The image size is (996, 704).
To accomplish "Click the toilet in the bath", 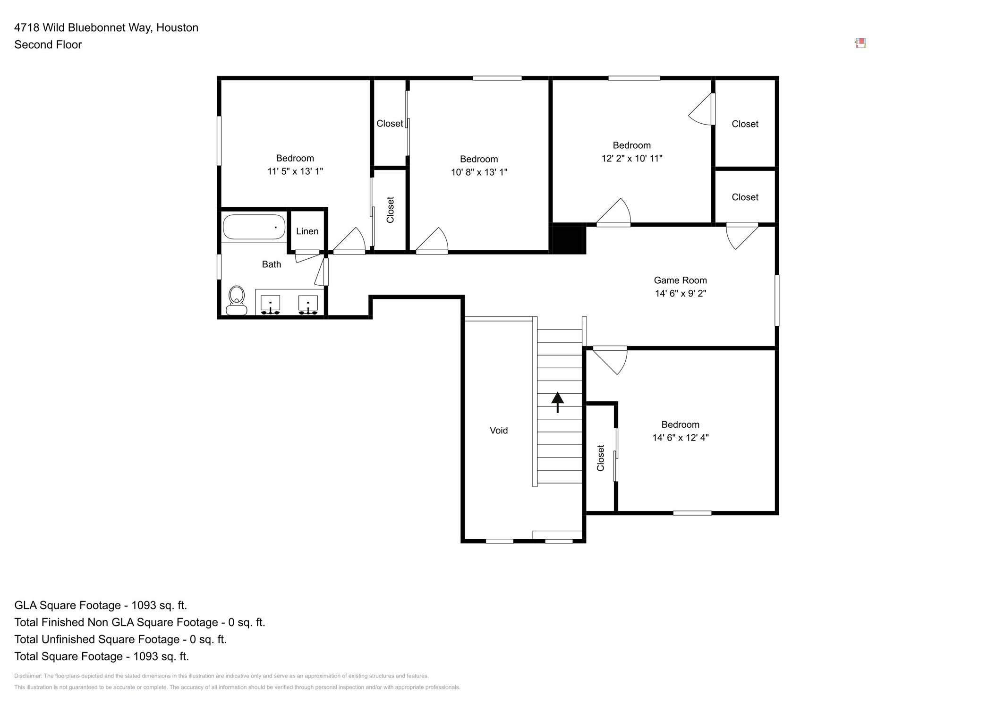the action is (x=237, y=300).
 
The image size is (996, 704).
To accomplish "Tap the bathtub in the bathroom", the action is (x=254, y=227).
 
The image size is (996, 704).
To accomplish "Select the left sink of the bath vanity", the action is (x=270, y=305).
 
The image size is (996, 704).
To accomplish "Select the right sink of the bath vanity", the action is (x=308, y=305).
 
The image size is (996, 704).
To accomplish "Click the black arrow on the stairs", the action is (x=558, y=402).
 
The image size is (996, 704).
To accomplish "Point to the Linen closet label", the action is (x=307, y=231).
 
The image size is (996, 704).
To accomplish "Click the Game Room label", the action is (x=681, y=280).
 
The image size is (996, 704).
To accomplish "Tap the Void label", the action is (x=499, y=431).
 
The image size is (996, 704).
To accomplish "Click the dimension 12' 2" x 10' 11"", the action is (x=632, y=159).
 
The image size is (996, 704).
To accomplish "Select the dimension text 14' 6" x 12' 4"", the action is (x=681, y=438).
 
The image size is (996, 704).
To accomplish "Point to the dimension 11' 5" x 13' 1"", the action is (x=295, y=171).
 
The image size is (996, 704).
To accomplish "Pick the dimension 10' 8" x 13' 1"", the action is (x=479, y=172).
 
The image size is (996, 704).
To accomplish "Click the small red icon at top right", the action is (x=860, y=43).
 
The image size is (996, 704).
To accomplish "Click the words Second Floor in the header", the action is (x=48, y=45).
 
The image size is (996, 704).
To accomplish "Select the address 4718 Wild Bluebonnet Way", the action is (x=83, y=28).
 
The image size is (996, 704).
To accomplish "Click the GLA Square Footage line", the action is (x=101, y=605).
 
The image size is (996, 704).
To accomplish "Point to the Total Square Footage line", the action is (x=102, y=656).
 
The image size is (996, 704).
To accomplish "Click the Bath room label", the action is (x=272, y=264).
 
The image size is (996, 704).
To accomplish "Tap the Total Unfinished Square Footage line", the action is (x=120, y=639).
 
